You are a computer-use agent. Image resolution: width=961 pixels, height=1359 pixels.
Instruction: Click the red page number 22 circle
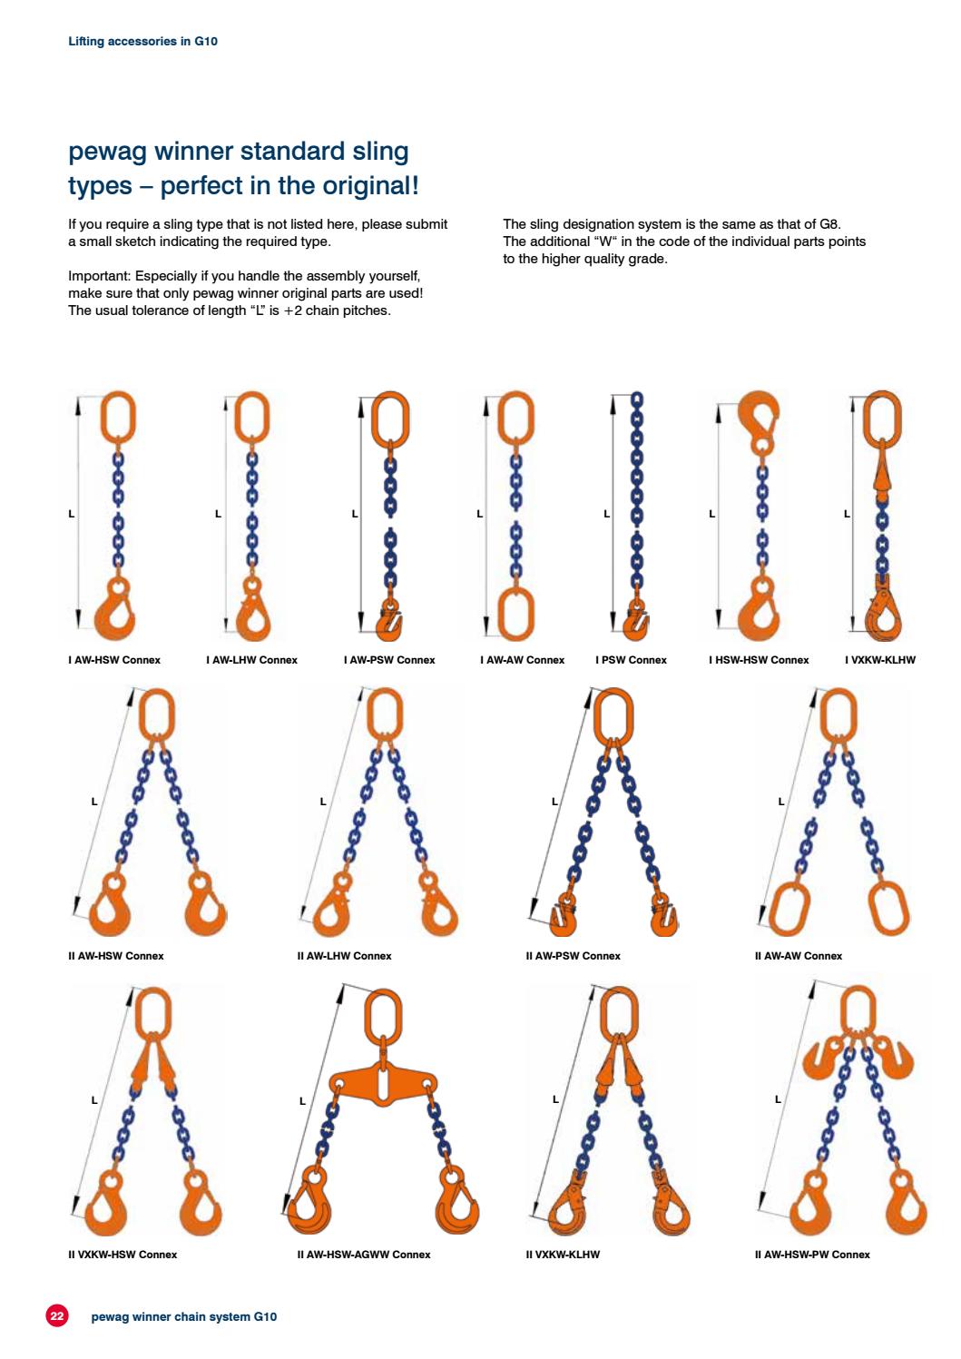[56, 1315]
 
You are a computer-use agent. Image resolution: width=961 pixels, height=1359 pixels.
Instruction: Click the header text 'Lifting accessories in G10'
[143, 41]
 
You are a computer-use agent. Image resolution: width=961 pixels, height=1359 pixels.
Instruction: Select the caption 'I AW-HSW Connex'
[114, 660]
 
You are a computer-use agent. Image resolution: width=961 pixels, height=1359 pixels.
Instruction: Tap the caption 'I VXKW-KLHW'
[879, 660]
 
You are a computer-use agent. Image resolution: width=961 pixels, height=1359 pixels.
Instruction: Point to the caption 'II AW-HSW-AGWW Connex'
[363, 1255]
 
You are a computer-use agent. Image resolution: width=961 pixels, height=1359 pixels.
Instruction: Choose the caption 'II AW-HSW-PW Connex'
[811, 1255]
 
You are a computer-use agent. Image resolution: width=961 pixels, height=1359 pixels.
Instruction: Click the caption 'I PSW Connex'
[631, 660]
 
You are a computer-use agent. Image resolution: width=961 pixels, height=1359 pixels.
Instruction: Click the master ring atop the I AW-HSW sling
[117, 416]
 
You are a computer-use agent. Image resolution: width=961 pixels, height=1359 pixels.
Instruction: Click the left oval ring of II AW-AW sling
[788, 908]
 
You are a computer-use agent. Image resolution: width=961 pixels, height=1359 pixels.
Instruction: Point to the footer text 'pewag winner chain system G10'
[184, 1316]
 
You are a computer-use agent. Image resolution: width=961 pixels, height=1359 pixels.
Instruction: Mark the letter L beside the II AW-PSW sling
[555, 802]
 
